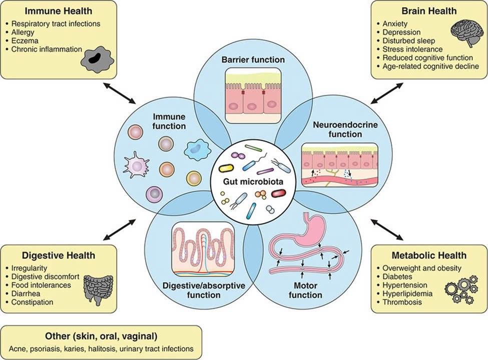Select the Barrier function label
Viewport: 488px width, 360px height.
click(253, 60)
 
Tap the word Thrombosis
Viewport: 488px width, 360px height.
click(402, 302)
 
